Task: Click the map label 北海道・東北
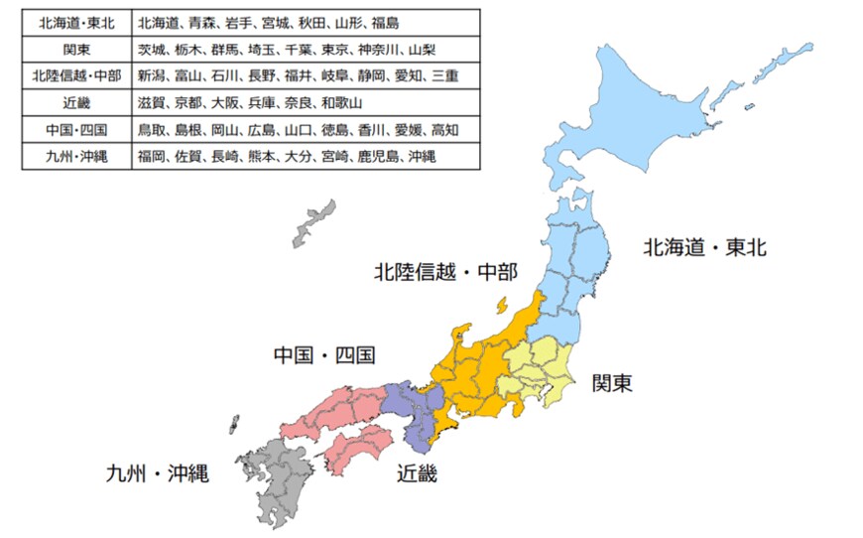click(704, 247)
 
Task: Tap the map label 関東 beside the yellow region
click(612, 382)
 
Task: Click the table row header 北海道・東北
click(76, 21)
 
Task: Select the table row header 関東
click(76, 48)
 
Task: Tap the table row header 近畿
click(76, 102)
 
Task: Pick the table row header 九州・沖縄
click(76, 156)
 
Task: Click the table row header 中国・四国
click(76, 129)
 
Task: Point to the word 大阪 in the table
click(225, 102)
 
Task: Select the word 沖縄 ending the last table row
click(422, 156)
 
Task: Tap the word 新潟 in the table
click(153, 75)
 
